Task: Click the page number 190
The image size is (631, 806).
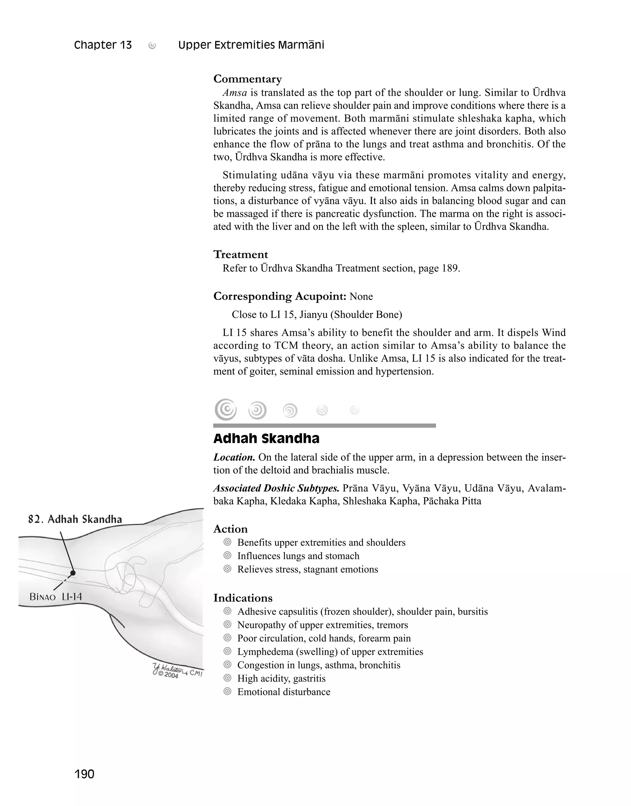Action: [84, 774]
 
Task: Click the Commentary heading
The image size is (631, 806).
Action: [247, 79]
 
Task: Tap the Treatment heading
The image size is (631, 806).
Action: [241, 254]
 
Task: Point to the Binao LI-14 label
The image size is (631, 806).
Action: [56, 597]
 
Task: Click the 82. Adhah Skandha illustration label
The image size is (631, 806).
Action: [75, 520]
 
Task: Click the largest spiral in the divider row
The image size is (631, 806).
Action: [225, 409]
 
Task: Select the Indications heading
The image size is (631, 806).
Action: [243, 598]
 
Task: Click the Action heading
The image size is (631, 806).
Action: [230, 529]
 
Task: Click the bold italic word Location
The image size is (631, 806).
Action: [234, 457]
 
